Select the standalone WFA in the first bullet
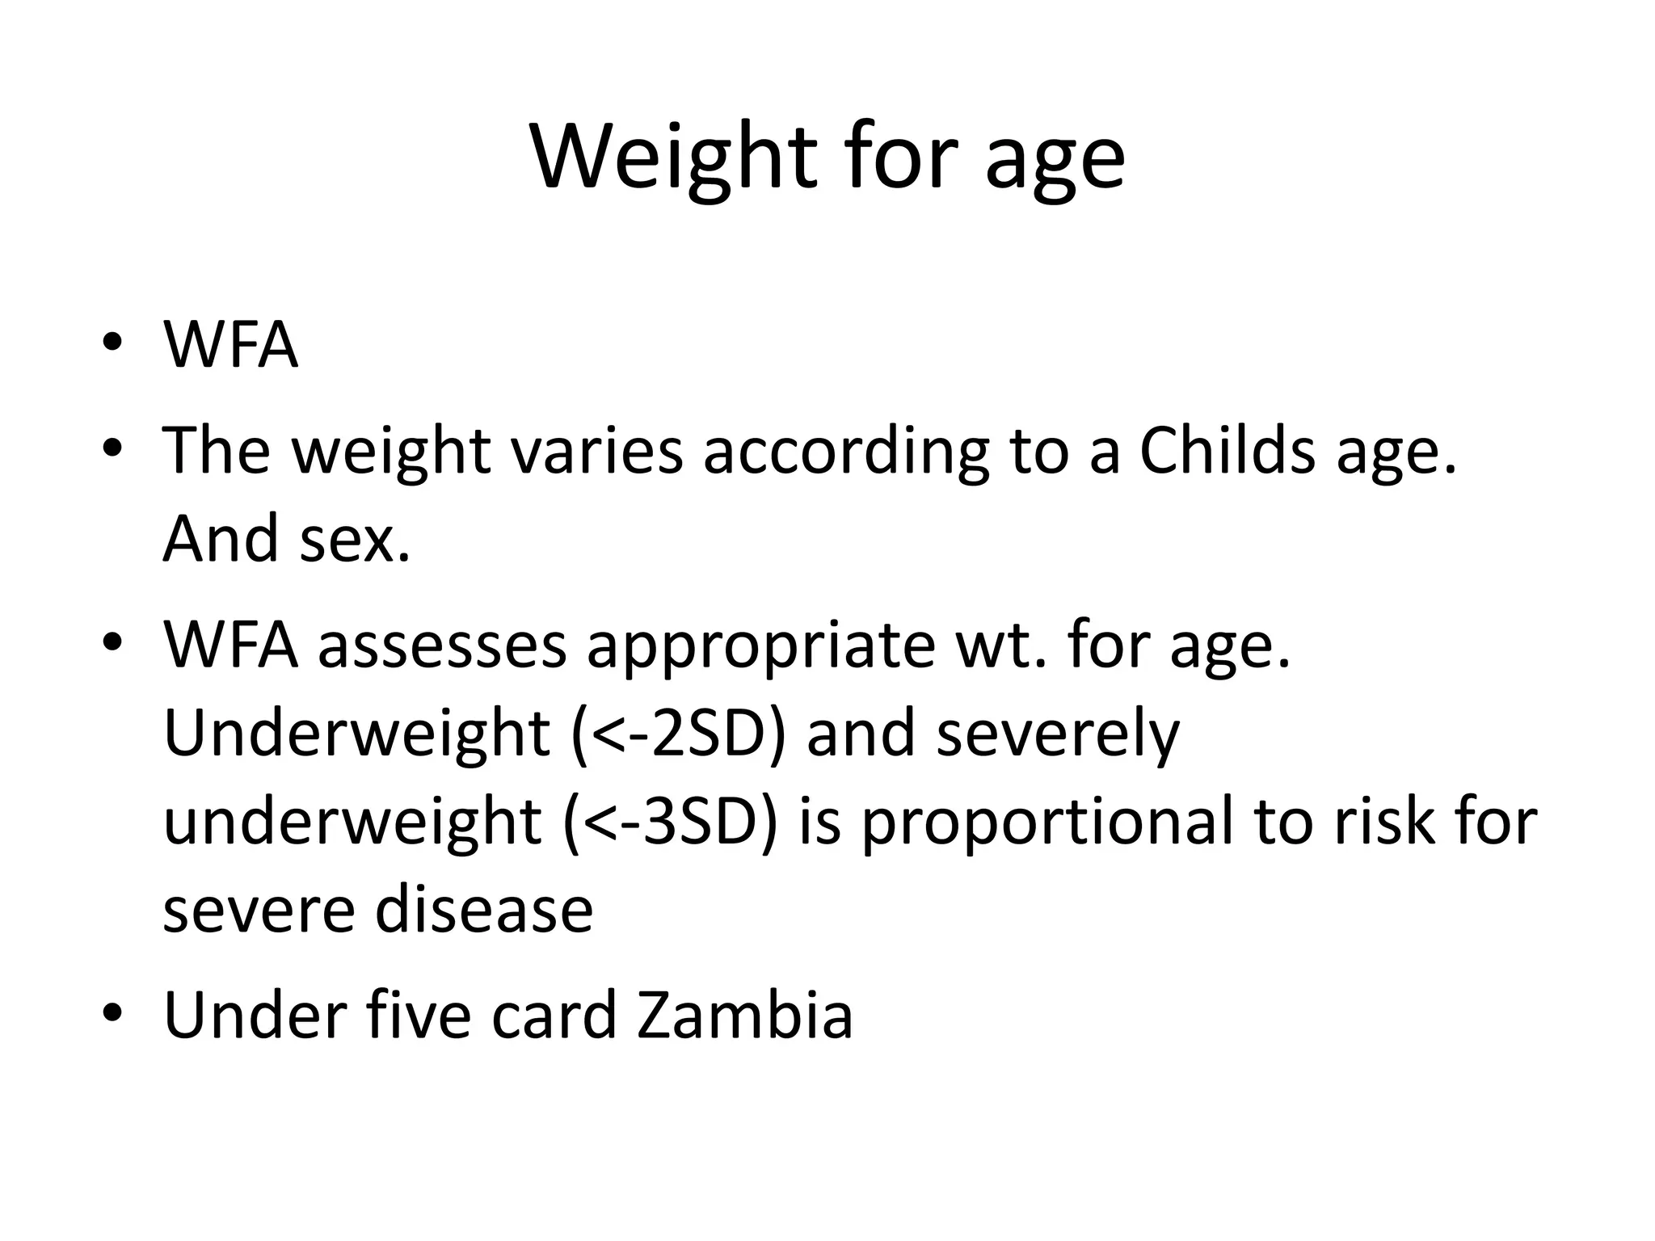(231, 345)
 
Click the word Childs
(1227, 450)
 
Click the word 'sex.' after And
(355, 539)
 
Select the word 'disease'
(484, 910)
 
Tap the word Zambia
(745, 1016)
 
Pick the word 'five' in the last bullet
(419, 1016)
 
